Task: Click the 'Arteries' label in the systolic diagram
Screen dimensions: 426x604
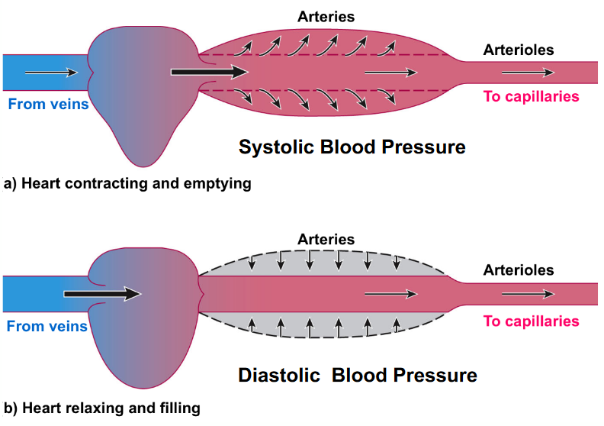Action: [x=326, y=17]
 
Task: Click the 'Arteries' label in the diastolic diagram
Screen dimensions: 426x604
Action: [x=326, y=239]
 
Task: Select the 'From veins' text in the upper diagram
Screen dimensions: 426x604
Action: [x=48, y=104]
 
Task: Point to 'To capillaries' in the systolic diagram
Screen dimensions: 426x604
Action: [x=531, y=96]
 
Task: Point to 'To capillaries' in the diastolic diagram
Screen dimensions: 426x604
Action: [x=531, y=321]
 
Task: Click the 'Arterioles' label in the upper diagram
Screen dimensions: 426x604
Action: [x=519, y=50]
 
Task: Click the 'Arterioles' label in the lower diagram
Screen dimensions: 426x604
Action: [x=519, y=270]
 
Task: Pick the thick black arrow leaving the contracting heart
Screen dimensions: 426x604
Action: [x=209, y=73]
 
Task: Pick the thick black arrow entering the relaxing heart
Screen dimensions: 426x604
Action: [x=102, y=293]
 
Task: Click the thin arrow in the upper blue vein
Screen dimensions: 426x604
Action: [x=51, y=73]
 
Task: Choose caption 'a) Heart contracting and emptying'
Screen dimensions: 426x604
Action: [x=127, y=184]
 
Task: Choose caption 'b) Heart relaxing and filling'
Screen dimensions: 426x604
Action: [x=102, y=408]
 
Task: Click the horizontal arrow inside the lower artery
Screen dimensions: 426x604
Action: [x=390, y=293]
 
